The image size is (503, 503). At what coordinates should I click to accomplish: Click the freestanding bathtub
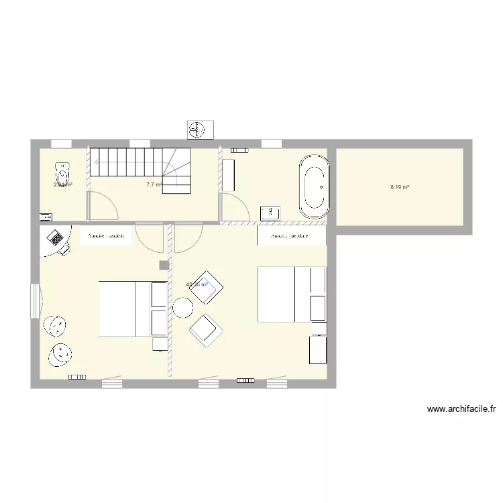[314, 187]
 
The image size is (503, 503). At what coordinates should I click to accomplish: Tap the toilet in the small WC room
[63, 174]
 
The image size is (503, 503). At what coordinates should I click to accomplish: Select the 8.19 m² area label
[400, 188]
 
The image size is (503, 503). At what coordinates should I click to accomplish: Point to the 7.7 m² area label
[154, 184]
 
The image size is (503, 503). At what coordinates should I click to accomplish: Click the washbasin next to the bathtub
[270, 213]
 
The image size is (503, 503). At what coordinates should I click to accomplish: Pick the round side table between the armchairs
[182, 308]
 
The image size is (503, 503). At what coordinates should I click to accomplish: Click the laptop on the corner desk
[54, 237]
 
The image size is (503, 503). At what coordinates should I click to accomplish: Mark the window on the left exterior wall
[36, 300]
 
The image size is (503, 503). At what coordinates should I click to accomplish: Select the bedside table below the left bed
[160, 344]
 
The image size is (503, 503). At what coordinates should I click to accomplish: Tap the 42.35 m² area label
[197, 284]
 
